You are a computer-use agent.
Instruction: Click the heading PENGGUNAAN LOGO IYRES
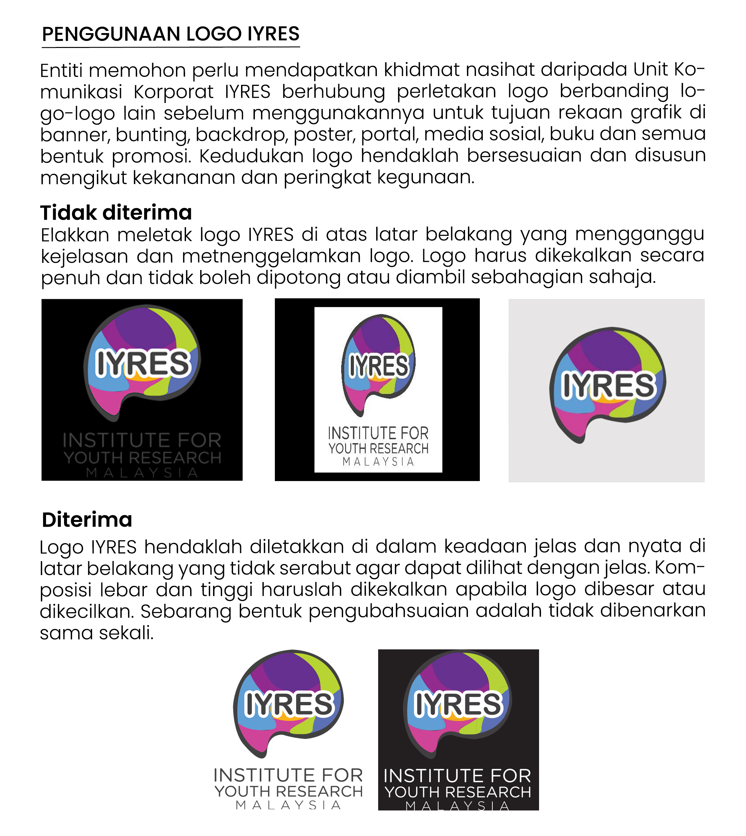pos(171,34)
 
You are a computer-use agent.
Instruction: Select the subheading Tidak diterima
pos(116,213)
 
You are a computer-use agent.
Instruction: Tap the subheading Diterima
pos(87,520)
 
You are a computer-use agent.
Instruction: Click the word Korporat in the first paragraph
pos(173,91)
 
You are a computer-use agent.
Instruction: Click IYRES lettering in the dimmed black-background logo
pos(143,364)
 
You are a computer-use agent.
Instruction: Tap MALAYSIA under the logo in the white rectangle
pos(378,462)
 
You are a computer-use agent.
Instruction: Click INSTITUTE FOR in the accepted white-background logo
pos(288,776)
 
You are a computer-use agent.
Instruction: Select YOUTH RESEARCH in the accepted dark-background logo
pos(458,792)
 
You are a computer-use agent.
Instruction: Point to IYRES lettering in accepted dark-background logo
pos(458,704)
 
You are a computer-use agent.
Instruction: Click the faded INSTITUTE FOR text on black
pos(142,440)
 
